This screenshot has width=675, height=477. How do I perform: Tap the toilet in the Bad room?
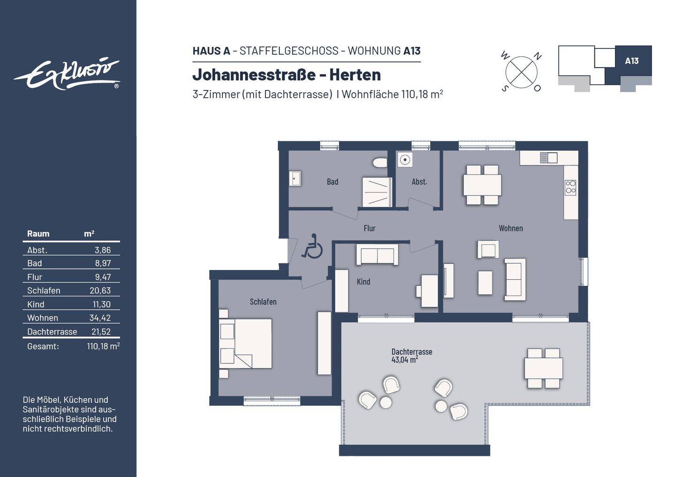pyautogui.click(x=380, y=163)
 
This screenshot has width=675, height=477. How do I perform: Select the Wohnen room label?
pyautogui.click(x=510, y=228)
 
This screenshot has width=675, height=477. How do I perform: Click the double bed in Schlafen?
pyautogui.click(x=246, y=343)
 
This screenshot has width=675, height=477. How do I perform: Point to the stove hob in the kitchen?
pyautogui.click(x=570, y=187)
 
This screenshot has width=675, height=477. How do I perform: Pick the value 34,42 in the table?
pyautogui.click(x=100, y=318)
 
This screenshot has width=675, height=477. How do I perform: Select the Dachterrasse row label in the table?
pyautogui.click(x=52, y=332)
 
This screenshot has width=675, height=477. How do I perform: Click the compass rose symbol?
pyautogui.click(x=521, y=72)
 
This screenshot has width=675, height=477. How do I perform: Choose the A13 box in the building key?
pyautogui.click(x=632, y=61)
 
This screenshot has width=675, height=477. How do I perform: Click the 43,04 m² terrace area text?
pyautogui.click(x=405, y=360)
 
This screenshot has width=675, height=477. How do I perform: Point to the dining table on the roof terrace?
pyautogui.click(x=543, y=368)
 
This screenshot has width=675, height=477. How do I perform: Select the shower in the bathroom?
pyautogui.click(x=376, y=192)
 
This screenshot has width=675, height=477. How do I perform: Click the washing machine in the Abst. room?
pyautogui.click(x=405, y=160)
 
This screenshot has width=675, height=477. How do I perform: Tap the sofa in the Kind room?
pyautogui.click(x=377, y=255)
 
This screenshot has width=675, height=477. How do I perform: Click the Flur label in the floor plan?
pyautogui.click(x=369, y=228)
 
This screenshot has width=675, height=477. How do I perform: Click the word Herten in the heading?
pyautogui.click(x=355, y=75)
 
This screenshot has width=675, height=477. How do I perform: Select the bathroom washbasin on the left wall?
pyautogui.click(x=295, y=179)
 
